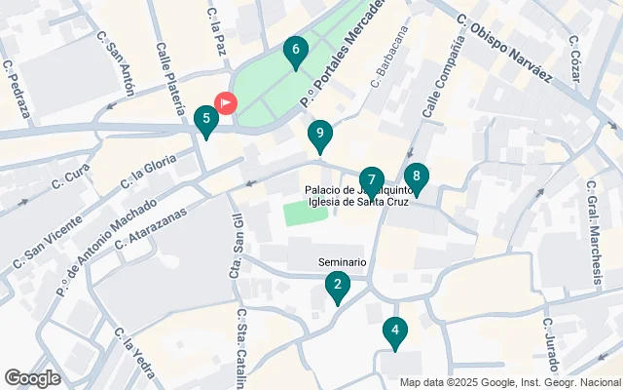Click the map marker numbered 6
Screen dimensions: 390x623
pyautogui.click(x=295, y=51)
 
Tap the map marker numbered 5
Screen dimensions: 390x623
pyautogui.click(x=204, y=121)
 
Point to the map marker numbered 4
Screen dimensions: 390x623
pyautogui.click(x=394, y=332)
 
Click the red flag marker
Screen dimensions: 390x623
pyautogui.click(x=225, y=101)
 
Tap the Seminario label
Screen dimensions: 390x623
pyautogui.click(x=343, y=262)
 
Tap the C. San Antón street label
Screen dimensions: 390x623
pyautogui.click(x=116, y=66)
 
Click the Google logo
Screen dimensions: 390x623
pyautogui.click(x=33, y=378)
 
